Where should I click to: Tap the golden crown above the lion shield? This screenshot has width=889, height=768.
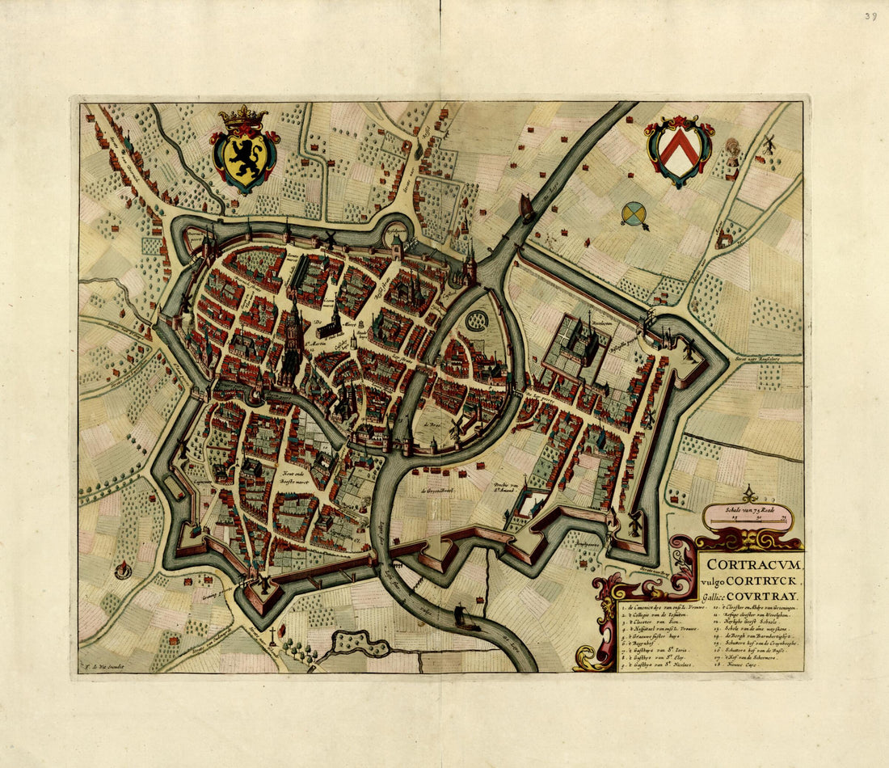(x=243, y=116)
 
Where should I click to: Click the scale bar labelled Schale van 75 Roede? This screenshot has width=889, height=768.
(x=748, y=518)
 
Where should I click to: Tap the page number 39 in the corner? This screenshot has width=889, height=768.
(x=870, y=15)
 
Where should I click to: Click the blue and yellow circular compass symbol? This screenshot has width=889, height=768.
(x=634, y=213)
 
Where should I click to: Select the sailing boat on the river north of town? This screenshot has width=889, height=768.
(x=528, y=208)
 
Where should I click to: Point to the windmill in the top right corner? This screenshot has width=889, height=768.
(x=769, y=144)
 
